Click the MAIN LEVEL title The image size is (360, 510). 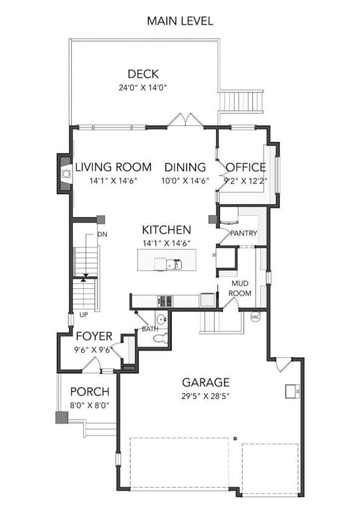tap(180, 21)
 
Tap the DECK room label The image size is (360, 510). tap(143, 74)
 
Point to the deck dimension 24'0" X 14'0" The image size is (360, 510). tap(143, 88)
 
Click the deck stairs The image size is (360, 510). tap(240, 101)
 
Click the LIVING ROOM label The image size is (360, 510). tap(114, 167)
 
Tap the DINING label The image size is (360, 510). tap(185, 167)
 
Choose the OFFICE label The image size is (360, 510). tap(246, 167)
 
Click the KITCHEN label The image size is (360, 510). tap(166, 230)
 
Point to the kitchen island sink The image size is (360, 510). tap(173, 264)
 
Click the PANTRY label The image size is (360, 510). tap(244, 233)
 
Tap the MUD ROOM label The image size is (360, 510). tap(240, 288)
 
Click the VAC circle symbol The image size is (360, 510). tap(255, 316)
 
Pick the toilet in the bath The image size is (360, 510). tap(161, 339)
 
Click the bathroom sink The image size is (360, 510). tap(161, 319)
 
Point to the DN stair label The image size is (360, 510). tap(102, 234)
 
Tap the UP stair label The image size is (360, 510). tap(84, 315)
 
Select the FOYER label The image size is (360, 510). tap(94, 336)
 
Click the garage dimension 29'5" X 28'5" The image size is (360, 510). tap(206, 396)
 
